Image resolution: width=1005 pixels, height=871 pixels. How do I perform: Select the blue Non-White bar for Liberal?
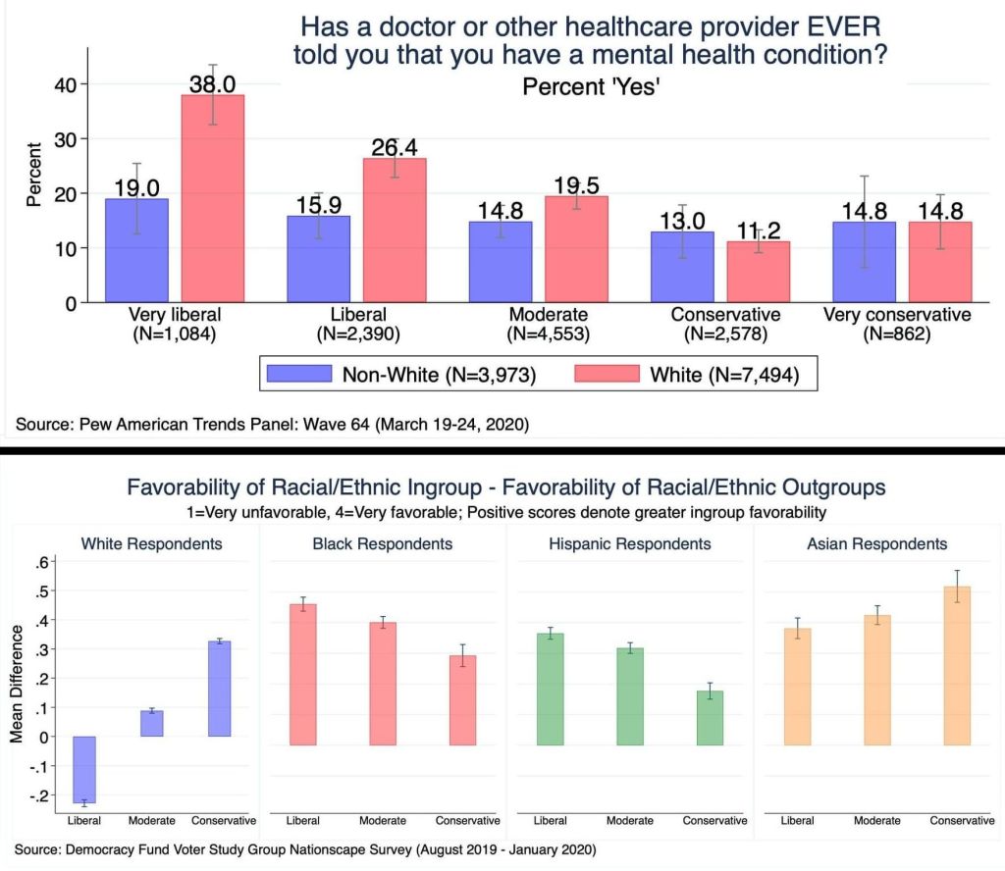pos(318,259)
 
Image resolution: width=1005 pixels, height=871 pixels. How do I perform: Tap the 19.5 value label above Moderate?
pos(576,185)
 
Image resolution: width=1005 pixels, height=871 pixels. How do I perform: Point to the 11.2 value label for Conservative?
pos(758,231)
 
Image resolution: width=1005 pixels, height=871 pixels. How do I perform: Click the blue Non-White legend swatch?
pos(299,374)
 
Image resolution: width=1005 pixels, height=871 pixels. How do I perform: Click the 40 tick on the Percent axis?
pos(64,84)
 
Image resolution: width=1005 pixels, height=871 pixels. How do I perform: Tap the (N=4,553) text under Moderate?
pos(549,333)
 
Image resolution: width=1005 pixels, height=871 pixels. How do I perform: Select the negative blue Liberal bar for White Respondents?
pos(84,770)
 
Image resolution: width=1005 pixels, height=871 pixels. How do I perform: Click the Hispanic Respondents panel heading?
pos(627,543)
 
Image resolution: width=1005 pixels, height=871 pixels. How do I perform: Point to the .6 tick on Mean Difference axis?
pos(44,562)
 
